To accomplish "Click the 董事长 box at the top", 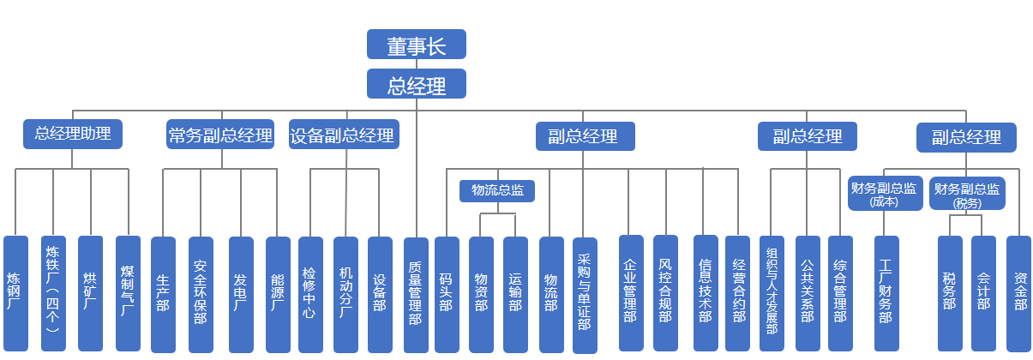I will tap(416, 45).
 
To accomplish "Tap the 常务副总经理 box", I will tap(220, 135).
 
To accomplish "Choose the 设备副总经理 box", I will tap(342, 135).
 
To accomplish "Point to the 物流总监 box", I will tap(498, 190).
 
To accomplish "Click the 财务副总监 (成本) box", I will tap(884, 194).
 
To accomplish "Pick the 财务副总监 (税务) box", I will tap(966, 195).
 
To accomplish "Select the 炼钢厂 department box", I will tap(15, 293).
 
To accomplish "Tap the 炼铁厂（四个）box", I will tap(53, 293).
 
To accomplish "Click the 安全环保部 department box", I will tap(201, 293).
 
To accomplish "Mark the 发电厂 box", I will tap(241, 293).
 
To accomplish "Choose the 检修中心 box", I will tap(310, 293).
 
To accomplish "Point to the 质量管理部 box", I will tap(416, 293).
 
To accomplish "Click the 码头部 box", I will tap(446, 293).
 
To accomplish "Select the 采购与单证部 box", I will tap(585, 293).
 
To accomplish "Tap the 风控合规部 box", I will tap(665, 293).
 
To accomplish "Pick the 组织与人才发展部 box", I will tap(772, 293).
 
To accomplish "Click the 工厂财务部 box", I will tap(886, 293).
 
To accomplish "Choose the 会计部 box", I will tap(983, 293).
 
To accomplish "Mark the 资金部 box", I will tap(1019, 293).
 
